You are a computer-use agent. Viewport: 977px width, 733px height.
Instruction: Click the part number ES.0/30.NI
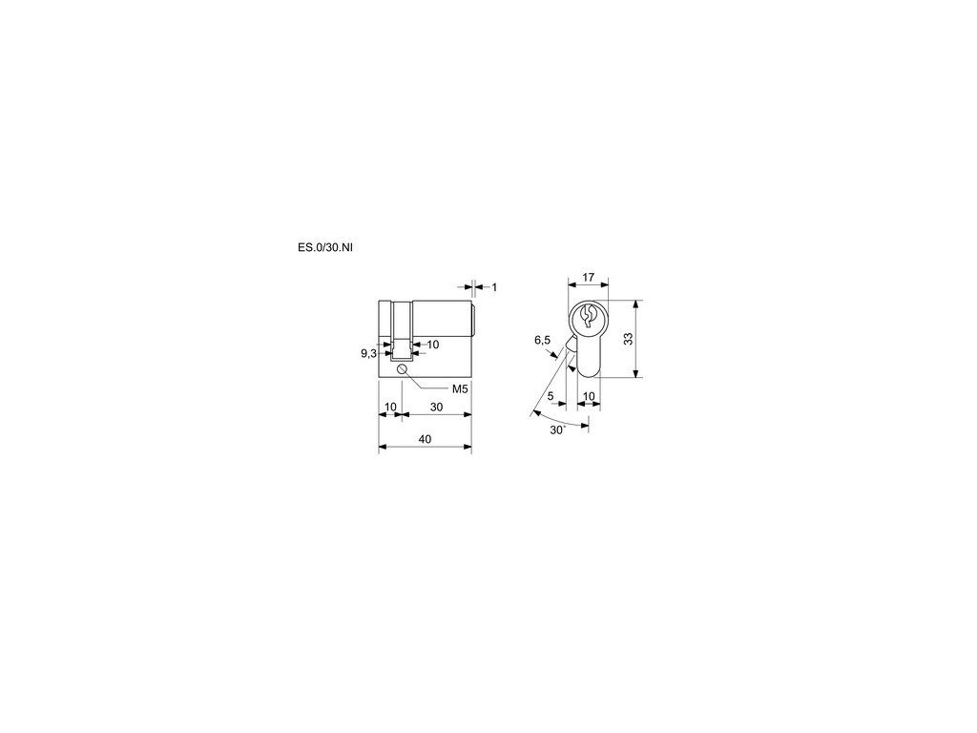324,247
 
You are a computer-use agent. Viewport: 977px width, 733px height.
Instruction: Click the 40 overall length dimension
425,439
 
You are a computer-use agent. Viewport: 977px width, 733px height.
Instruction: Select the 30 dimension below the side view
437,407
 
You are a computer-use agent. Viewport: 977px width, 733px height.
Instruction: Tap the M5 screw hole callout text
460,389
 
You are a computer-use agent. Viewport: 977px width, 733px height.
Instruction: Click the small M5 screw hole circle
402,371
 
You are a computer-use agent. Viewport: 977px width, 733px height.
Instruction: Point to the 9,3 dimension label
368,353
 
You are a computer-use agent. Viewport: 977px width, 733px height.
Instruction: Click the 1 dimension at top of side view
495,287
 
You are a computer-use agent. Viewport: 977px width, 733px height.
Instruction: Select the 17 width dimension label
588,278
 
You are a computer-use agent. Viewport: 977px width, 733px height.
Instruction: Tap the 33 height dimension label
629,339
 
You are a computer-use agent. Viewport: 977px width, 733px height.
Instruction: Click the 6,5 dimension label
543,340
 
